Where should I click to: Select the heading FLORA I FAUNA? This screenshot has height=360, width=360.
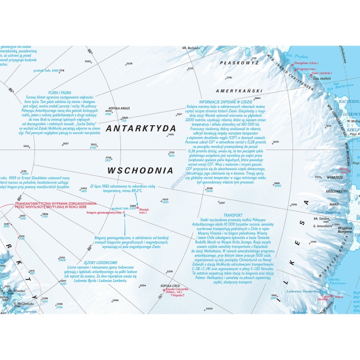point(59,92)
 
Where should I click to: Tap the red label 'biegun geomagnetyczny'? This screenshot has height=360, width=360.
point(104,212)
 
